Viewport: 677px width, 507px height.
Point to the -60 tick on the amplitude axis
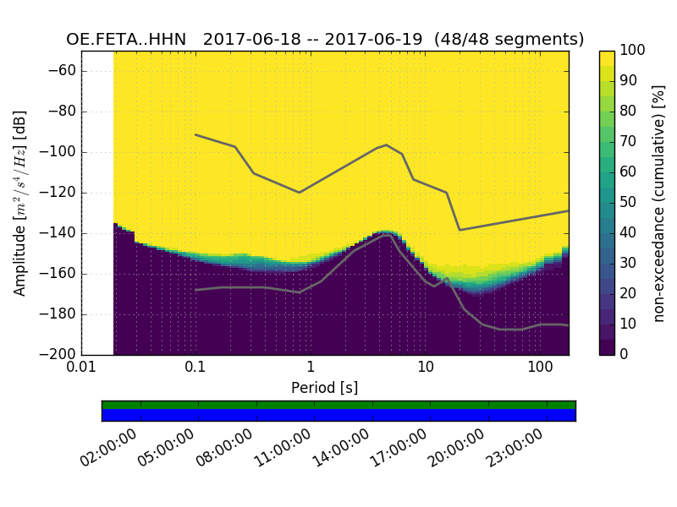coord(63,71)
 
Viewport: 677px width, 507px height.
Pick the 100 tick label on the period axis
coord(539,368)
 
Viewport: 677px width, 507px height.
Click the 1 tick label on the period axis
coord(311,368)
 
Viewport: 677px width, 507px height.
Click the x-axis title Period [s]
coord(325,388)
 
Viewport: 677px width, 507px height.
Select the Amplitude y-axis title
coord(20,203)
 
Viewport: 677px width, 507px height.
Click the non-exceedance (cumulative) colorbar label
coord(660,203)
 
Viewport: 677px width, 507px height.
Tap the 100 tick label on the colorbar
coord(634,51)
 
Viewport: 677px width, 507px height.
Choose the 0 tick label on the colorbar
coord(625,354)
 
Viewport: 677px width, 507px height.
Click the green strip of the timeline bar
coord(338,405)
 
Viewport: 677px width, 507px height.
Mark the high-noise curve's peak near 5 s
coord(387,144)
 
